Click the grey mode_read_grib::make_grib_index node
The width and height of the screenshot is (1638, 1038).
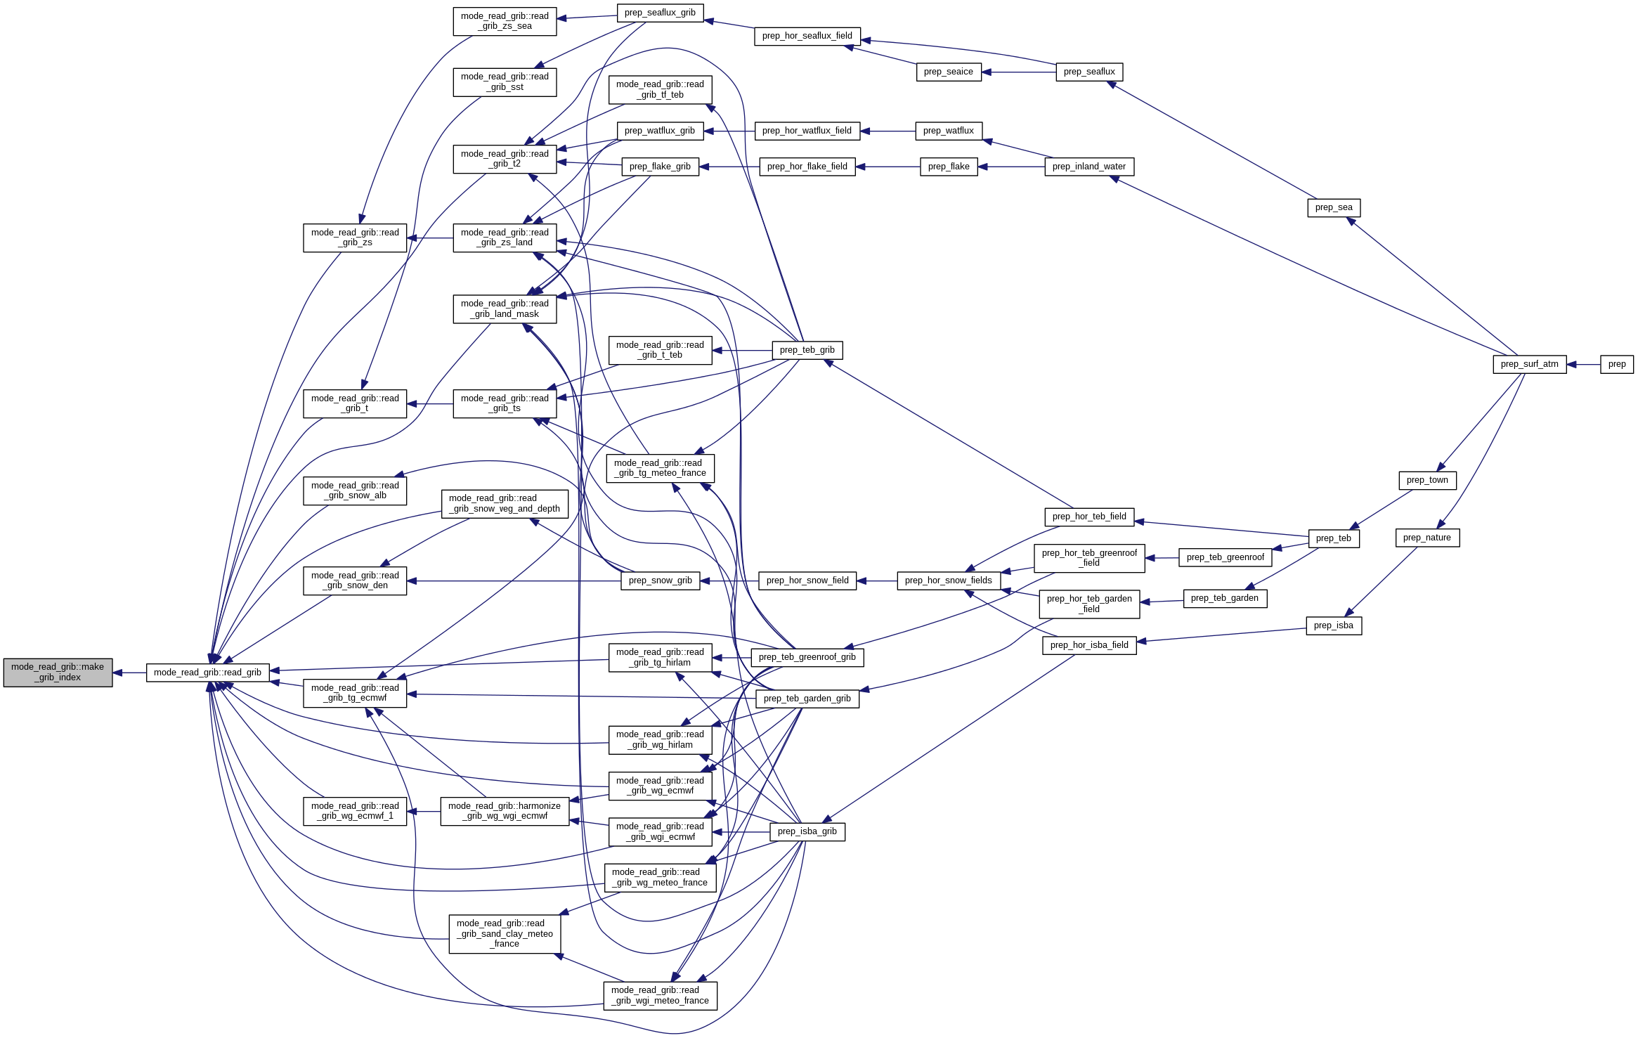click(58, 673)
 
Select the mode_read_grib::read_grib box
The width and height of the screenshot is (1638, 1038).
click(207, 673)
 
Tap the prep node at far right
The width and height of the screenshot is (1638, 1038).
click(1616, 364)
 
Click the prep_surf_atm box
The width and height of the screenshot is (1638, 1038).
click(1529, 364)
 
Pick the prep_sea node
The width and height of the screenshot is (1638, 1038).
click(1333, 207)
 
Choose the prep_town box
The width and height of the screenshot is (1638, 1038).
click(1427, 480)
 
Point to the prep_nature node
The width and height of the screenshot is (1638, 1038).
click(1426, 538)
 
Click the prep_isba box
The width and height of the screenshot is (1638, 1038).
click(1333, 625)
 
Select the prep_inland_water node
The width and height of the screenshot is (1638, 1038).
click(1088, 167)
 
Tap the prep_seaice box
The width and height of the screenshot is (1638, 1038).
click(948, 72)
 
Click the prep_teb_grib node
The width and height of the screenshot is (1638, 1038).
click(807, 350)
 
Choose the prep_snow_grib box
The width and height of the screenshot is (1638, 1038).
click(660, 580)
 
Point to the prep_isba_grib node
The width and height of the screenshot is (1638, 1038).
click(807, 831)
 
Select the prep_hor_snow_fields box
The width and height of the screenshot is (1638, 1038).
click(948, 580)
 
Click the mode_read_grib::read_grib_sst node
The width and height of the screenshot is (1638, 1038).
click(505, 82)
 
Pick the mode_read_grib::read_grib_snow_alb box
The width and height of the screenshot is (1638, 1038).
click(355, 491)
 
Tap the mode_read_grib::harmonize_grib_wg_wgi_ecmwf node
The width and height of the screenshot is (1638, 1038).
click(505, 811)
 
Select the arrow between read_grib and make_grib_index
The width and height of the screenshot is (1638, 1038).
click(129, 673)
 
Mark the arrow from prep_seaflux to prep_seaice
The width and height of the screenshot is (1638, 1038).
click(1019, 72)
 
